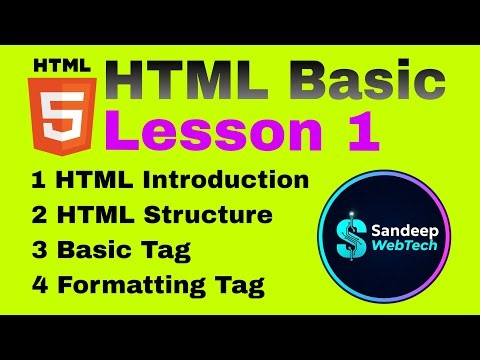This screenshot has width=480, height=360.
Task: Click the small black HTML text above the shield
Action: click(x=62, y=67)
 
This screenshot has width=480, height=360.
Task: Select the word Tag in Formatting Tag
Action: click(x=239, y=286)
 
